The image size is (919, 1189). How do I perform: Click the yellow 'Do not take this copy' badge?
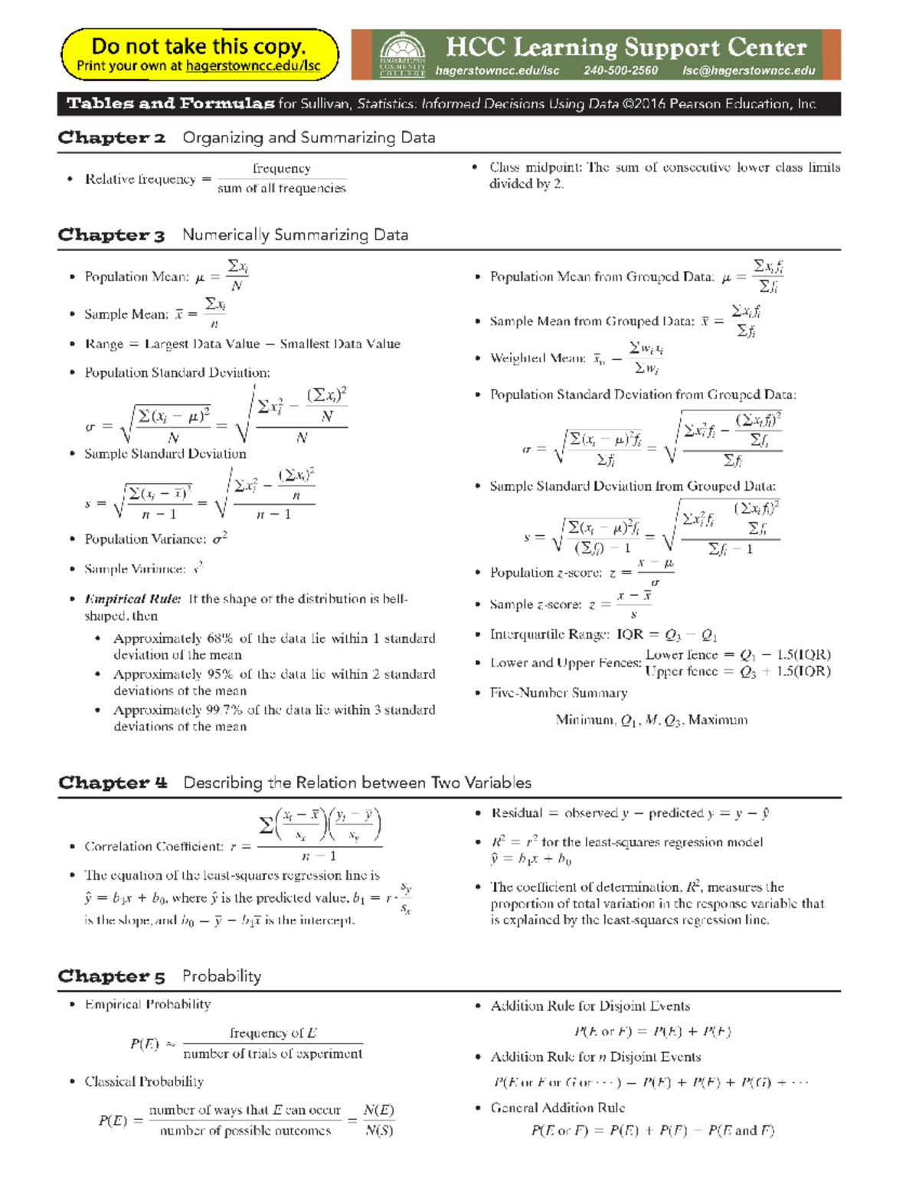199,54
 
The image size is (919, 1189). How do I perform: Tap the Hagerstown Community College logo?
402,54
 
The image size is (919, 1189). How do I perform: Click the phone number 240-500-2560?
620,70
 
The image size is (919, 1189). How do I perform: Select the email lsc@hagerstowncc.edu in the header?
748,70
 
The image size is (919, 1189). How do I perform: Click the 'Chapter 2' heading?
112,138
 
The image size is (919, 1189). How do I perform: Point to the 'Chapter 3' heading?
112,235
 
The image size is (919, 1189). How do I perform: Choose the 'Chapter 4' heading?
113,782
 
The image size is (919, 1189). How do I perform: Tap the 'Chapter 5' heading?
112,976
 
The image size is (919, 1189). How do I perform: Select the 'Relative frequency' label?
140,179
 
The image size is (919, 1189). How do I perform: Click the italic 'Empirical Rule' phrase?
132,599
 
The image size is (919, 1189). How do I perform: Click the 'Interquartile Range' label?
549,634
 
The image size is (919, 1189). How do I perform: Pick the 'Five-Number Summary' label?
558,692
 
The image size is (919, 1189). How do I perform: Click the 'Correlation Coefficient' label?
153,846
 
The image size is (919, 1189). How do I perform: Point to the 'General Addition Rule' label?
558,1107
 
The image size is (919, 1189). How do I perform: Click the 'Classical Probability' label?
144,1081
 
